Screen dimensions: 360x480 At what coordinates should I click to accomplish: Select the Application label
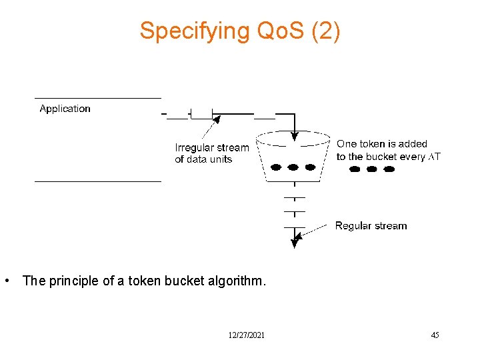tap(65, 109)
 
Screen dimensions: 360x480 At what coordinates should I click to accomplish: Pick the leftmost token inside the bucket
tap(275, 167)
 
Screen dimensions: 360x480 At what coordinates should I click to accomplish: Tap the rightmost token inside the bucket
tap(310, 167)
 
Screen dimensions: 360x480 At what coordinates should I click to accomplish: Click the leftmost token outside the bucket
tap(355, 169)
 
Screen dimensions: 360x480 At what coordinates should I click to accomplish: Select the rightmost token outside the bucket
tap(389, 169)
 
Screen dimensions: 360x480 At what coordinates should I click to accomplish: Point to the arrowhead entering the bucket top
tap(294, 138)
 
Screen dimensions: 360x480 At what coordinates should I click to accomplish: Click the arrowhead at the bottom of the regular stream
tap(294, 243)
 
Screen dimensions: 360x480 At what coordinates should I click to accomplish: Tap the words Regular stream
tap(371, 226)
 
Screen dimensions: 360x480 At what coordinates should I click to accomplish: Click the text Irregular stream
tap(212, 148)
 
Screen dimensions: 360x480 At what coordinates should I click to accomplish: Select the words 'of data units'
tap(203, 159)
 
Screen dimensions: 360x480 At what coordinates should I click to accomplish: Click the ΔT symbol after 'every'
tap(434, 157)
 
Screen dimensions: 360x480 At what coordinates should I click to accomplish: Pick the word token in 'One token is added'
tap(373, 144)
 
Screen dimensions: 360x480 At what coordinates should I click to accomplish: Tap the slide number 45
tap(435, 335)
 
